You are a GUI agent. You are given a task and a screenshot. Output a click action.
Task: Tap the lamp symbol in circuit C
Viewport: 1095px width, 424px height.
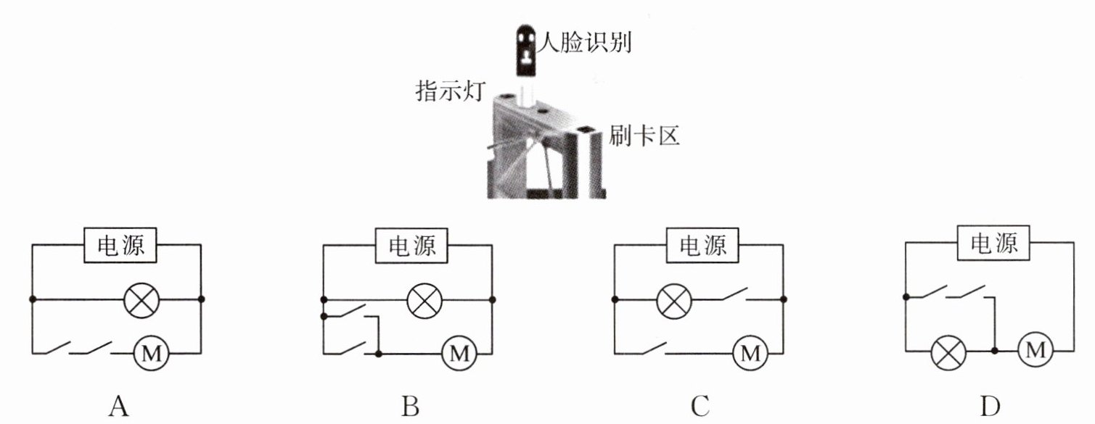[x=673, y=299]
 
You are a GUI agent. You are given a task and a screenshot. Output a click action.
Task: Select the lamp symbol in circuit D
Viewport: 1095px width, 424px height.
[x=949, y=352]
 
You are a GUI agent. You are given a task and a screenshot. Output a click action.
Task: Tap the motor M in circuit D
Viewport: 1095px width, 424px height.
[x=1036, y=351]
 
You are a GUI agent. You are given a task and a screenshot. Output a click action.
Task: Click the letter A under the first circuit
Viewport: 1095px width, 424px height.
[x=118, y=407]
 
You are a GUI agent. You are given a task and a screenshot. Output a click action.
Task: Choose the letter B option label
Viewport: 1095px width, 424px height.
[x=410, y=407]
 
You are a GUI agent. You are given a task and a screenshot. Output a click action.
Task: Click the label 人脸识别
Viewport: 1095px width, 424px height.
[x=587, y=44]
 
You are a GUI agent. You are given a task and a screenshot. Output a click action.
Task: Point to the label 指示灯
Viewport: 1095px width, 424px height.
[x=448, y=92]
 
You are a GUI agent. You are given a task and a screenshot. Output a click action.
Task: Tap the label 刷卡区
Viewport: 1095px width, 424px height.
[x=644, y=136]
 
